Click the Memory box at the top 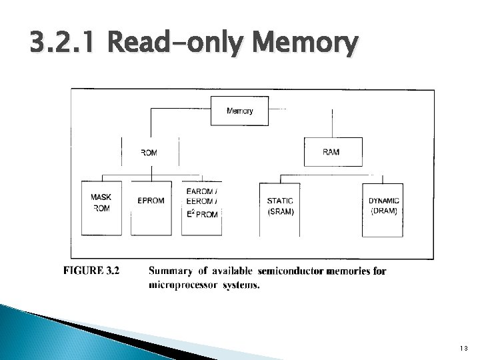click(x=239, y=111)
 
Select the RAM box click(x=333, y=152)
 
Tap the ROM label click(x=149, y=153)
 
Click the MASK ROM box click(x=101, y=207)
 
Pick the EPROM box click(x=151, y=207)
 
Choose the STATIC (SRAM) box click(x=279, y=209)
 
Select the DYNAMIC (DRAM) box click(x=383, y=209)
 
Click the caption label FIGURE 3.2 click(x=91, y=271)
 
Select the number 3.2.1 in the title click(x=62, y=46)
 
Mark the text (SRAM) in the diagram click(x=280, y=213)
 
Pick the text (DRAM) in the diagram click(x=383, y=211)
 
